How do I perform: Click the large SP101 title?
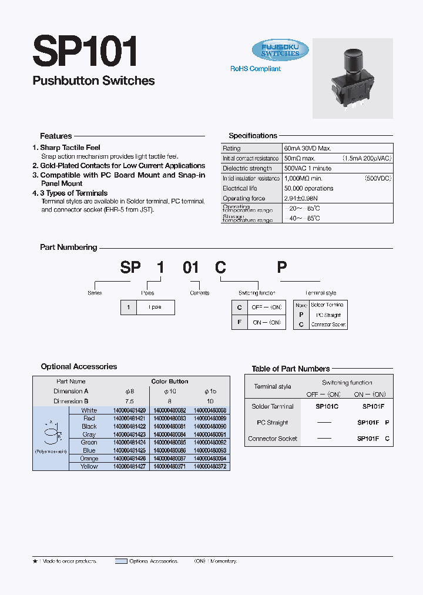[85, 51]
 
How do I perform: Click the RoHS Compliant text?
[255, 69]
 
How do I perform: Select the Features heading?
[56, 136]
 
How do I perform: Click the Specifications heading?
[253, 136]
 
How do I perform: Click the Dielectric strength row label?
[247, 169]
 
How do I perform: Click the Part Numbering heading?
[68, 248]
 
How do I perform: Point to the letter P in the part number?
[282, 268]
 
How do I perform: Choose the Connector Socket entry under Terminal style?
[328, 325]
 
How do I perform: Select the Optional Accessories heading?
[79, 367]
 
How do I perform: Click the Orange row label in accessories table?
[89, 459]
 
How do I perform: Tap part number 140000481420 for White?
[129, 410]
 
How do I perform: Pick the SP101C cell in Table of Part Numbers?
[327, 406]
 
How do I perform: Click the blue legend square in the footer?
[121, 561]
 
